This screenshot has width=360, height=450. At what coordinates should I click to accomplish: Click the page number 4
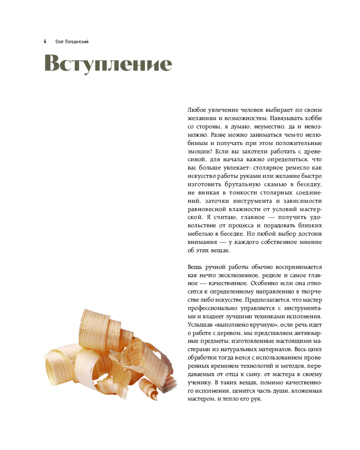(x=45, y=41)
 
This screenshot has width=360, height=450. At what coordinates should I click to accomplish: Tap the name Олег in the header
(x=60, y=41)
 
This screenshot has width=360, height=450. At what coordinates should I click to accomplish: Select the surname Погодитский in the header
(x=78, y=41)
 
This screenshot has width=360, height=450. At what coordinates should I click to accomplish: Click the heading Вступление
(x=108, y=63)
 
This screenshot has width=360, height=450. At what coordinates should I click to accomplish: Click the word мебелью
(x=198, y=234)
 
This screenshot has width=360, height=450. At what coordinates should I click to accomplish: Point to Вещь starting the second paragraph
(x=194, y=267)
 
